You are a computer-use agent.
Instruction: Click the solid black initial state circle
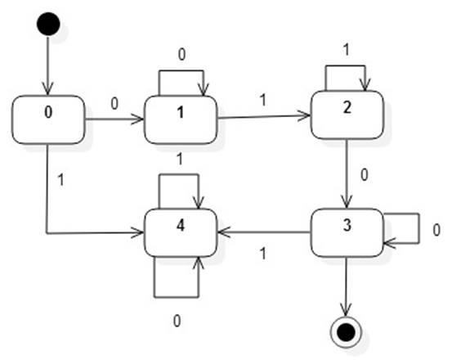[48, 23]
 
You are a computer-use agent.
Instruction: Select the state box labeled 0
[49, 119]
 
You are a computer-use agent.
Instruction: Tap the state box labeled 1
[180, 120]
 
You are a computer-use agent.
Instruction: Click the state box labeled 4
[180, 232]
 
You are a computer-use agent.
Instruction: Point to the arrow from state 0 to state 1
[114, 120]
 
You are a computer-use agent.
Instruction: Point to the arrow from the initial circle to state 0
[48, 65]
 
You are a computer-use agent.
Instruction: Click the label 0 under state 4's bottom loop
[177, 319]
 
